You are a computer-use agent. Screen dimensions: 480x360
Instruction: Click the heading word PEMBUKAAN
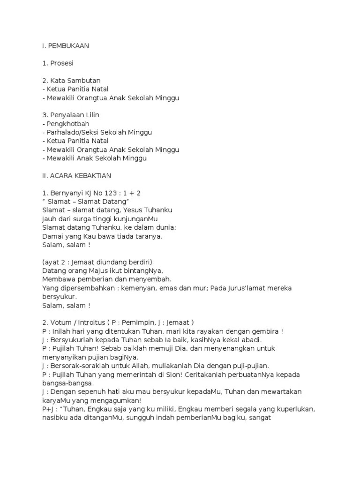click(x=68, y=46)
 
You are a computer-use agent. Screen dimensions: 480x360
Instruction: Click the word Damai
click(x=52, y=236)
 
